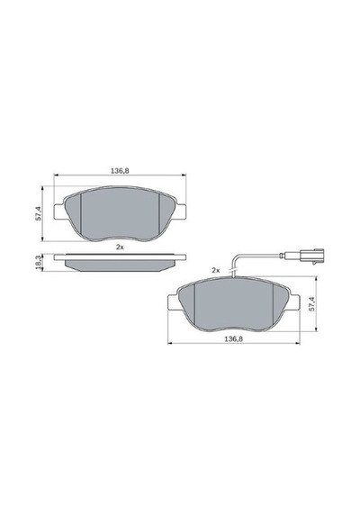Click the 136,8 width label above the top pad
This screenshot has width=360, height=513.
[x=120, y=170]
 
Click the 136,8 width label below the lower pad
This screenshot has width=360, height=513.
[x=233, y=339]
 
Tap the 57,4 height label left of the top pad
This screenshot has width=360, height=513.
[x=39, y=213]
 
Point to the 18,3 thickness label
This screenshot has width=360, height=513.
[x=39, y=263]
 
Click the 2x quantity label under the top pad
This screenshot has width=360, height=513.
[x=120, y=247]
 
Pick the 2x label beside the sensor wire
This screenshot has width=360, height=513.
[x=215, y=270]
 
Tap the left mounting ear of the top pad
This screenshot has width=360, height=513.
[x=59, y=211]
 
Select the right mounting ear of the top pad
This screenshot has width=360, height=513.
[x=180, y=211]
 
